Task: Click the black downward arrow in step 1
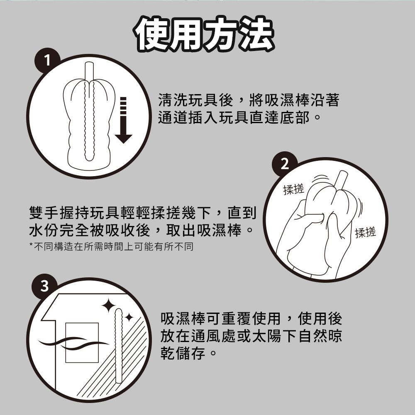[x=123, y=120]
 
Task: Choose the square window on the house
[x=82, y=342]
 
